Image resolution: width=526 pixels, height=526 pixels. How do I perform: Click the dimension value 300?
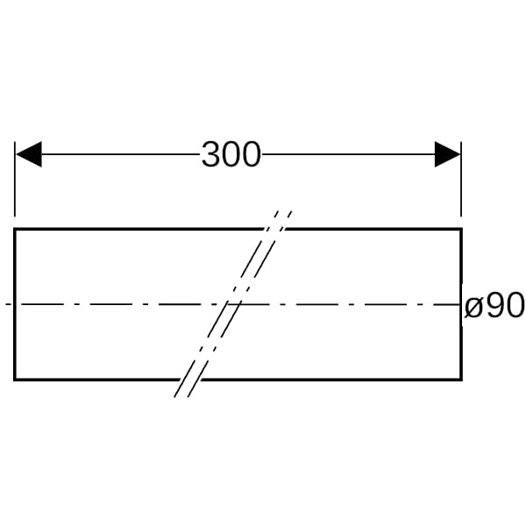(231, 154)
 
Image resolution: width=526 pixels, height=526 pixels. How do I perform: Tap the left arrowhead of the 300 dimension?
(29, 154)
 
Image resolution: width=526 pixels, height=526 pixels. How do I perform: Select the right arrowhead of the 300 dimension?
(447, 154)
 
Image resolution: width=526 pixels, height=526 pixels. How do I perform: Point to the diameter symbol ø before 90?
(473, 306)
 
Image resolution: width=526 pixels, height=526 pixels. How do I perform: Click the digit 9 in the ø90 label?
(494, 304)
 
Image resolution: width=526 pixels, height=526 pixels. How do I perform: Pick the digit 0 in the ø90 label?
(514, 304)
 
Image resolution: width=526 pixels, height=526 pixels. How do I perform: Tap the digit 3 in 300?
(211, 154)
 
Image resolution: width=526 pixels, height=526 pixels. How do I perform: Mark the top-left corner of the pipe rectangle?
(14, 229)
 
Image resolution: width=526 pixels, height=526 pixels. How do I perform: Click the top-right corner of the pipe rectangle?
(462, 229)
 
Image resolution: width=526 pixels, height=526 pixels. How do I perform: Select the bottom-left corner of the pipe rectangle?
(14, 380)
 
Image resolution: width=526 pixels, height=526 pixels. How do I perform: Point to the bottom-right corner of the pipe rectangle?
(462, 380)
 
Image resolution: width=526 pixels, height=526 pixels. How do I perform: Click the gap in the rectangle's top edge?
(274, 229)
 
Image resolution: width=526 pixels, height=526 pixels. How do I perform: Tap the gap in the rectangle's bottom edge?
(191, 380)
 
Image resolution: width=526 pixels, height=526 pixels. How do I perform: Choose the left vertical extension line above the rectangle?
(15, 179)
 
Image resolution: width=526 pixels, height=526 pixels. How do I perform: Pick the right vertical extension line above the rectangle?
(461, 179)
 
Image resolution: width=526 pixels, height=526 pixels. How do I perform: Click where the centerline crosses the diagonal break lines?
(233, 304)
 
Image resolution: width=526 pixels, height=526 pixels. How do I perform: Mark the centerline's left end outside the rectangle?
(6, 304)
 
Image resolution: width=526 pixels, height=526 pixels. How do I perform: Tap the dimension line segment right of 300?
(348, 154)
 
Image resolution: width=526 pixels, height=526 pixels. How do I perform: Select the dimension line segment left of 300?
(121, 154)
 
